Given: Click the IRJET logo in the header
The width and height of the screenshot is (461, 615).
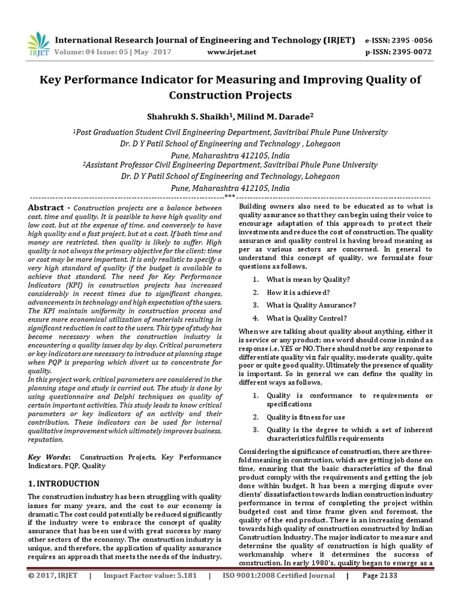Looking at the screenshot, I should (37, 43).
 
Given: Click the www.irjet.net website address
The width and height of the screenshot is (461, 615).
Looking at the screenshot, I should (231, 52).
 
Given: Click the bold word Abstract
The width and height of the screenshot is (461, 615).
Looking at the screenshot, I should (47, 207).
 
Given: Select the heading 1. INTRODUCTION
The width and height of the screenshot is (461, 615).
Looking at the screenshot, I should (64, 483).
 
